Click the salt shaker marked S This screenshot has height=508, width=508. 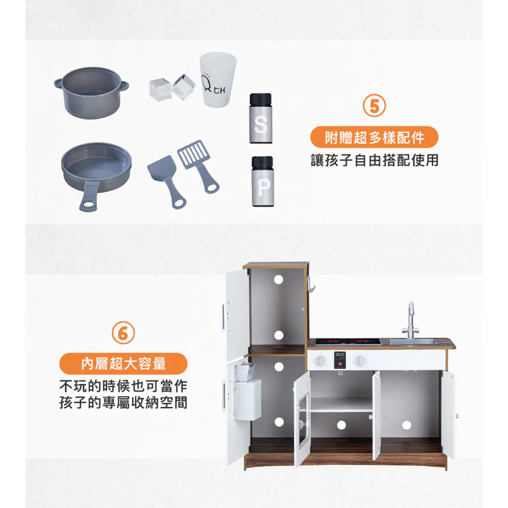260,119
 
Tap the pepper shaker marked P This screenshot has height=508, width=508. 262,181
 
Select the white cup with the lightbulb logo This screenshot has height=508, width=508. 217,79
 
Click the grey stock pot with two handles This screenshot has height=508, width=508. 91,93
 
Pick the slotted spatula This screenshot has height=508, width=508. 198,166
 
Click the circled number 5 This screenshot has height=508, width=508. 374,106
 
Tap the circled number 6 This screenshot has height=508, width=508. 123,332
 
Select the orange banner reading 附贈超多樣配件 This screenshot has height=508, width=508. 374,137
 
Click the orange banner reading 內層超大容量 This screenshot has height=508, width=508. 123,364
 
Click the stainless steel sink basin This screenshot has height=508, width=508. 413,341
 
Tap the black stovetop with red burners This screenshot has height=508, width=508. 347,341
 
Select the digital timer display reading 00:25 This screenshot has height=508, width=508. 340,355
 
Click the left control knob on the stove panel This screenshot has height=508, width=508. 320,360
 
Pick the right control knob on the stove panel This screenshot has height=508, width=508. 360,360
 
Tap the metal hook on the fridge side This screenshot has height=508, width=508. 312,284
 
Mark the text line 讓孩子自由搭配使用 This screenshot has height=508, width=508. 375,160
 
